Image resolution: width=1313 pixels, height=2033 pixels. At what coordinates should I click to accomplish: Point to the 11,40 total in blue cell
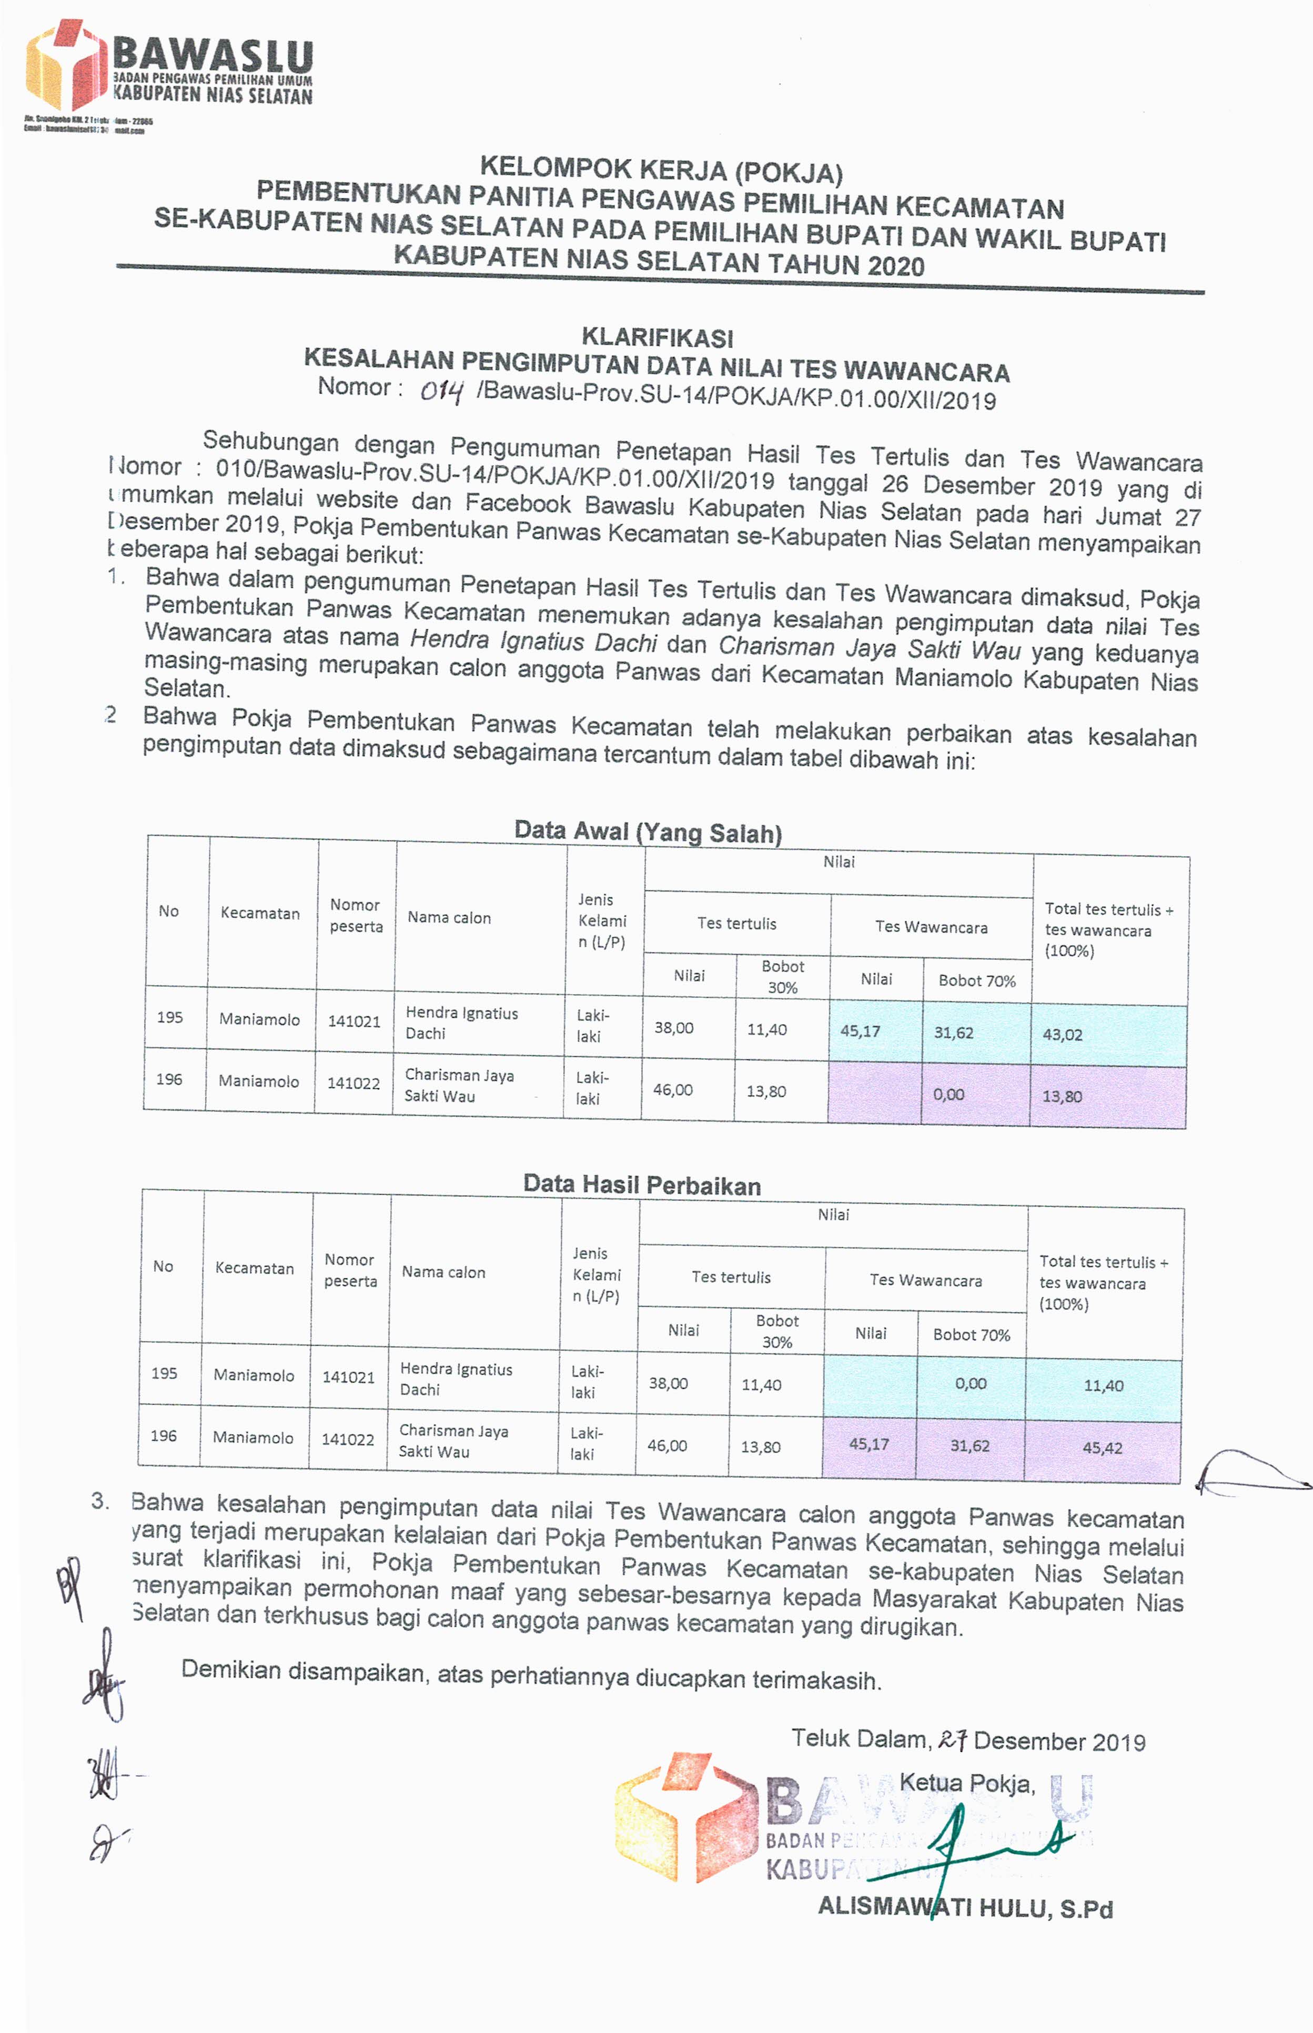(1103, 1386)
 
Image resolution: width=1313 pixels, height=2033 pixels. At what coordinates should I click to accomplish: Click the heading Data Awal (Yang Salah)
(648, 832)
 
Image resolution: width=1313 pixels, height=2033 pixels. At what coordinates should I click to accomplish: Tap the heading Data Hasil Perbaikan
(641, 1185)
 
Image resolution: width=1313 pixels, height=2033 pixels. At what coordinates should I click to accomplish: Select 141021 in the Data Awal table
(354, 1021)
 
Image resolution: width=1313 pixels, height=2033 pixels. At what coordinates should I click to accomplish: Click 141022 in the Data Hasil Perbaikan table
(348, 1439)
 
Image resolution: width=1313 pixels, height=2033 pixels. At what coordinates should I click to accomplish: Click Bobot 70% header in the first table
(976, 980)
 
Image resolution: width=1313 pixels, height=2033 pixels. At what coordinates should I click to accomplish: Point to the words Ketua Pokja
(967, 1783)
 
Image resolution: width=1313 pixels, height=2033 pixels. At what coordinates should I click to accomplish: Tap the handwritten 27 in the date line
(952, 1740)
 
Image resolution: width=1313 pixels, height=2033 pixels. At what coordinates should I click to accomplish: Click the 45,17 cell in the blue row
(860, 1031)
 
